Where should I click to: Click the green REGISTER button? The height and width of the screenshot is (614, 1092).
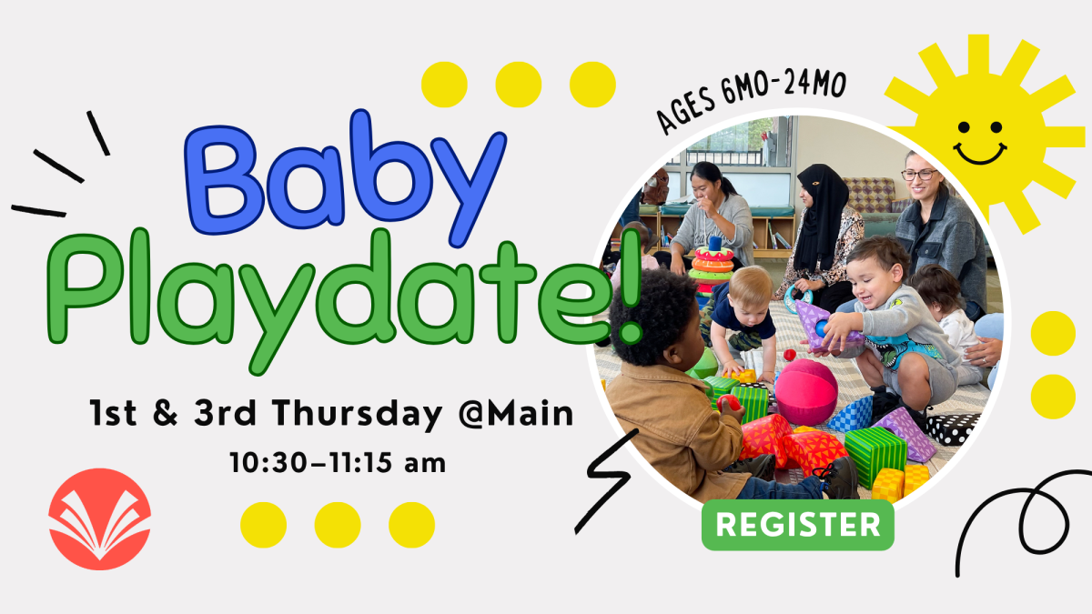click(797, 525)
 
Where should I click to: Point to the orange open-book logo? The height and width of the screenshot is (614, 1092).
click(99, 519)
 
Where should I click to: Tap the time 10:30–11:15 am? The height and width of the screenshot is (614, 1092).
click(339, 463)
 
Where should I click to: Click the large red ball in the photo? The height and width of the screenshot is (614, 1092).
click(805, 391)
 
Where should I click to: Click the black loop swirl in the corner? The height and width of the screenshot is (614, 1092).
click(1019, 523)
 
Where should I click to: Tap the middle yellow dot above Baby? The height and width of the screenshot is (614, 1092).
click(519, 85)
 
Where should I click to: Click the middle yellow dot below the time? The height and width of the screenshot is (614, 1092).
click(338, 525)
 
